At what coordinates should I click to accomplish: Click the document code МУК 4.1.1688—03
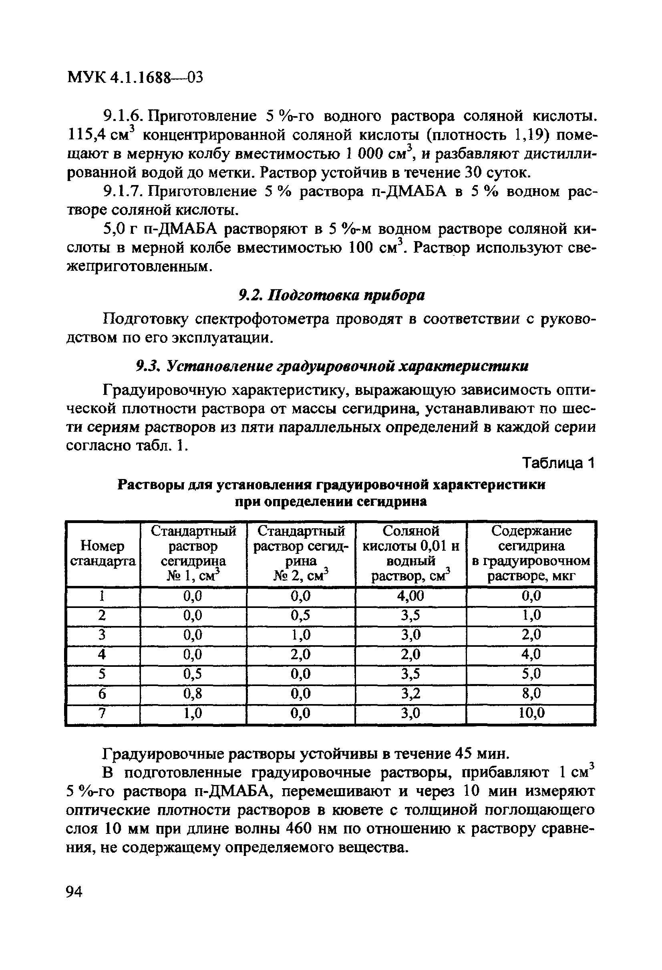(135, 77)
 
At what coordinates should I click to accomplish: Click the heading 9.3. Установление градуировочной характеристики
(332, 366)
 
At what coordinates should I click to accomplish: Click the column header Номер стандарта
(103, 553)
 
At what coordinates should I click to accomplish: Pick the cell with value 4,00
(410, 596)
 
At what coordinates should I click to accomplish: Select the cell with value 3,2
(410, 693)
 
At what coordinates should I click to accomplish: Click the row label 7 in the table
(101, 713)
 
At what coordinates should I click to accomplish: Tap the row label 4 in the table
(101, 654)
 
